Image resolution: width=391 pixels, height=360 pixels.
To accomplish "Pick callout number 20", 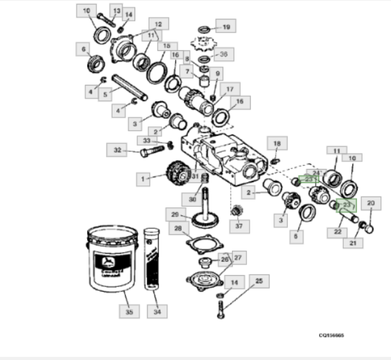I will click(x=370, y=204).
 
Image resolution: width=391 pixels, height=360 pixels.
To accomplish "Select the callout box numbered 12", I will click(x=158, y=25).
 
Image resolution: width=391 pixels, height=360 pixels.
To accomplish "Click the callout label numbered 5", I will click(x=106, y=92).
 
